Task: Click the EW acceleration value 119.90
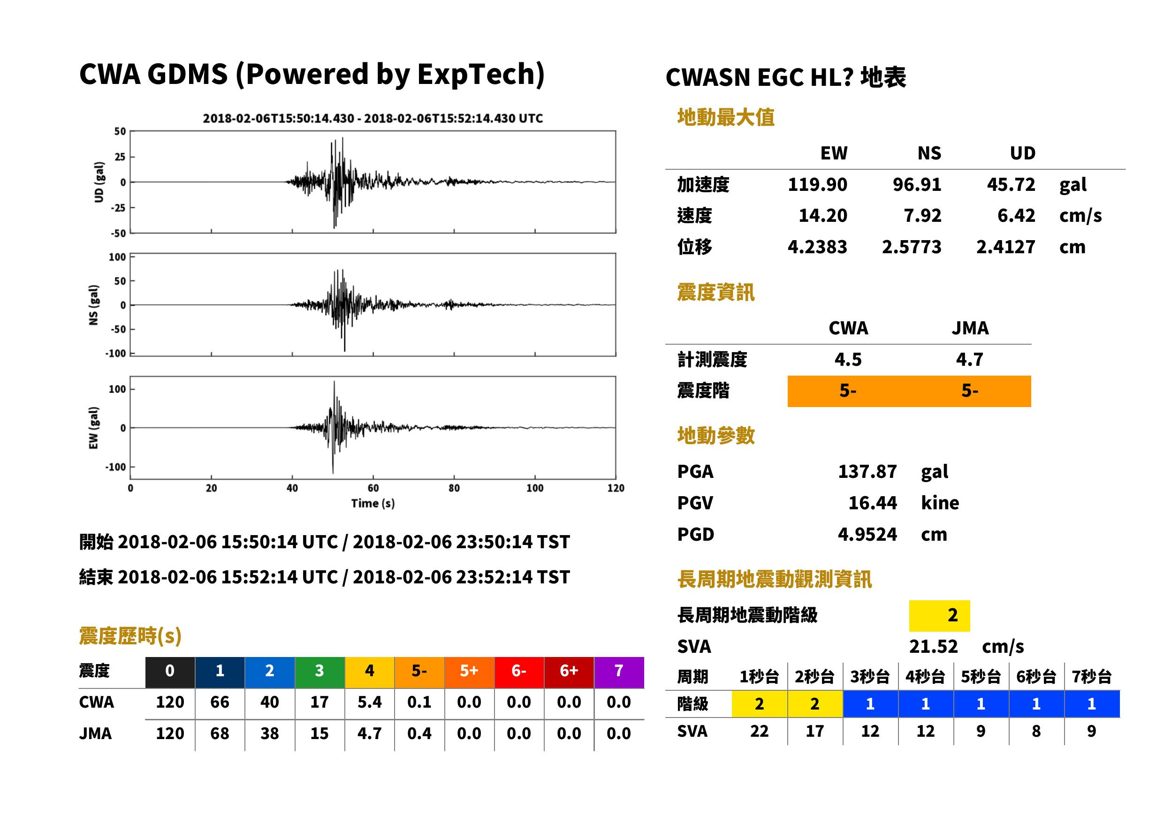(x=817, y=184)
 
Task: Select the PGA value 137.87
(x=867, y=471)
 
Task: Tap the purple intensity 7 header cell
(x=619, y=671)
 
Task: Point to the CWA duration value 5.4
(x=370, y=702)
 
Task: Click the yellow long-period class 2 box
(x=939, y=615)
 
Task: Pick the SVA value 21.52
(x=933, y=646)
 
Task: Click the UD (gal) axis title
(x=99, y=181)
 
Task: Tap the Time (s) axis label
(x=373, y=504)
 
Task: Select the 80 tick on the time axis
(x=454, y=488)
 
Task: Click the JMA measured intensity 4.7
(x=969, y=359)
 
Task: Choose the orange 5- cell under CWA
(x=848, y=391)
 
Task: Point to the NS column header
(x=929, y=153)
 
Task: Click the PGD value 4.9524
(x=867, y=534)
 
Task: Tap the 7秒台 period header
(x=1091, y=676)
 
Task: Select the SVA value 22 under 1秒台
(x=759, y=731)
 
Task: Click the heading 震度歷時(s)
(x=130, y=636)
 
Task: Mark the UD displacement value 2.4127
(x=1005, y=247)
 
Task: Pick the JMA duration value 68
(x=220, y=733)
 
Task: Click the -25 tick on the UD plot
(x=118, y=208)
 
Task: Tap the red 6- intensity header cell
(x=519, y=671)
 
